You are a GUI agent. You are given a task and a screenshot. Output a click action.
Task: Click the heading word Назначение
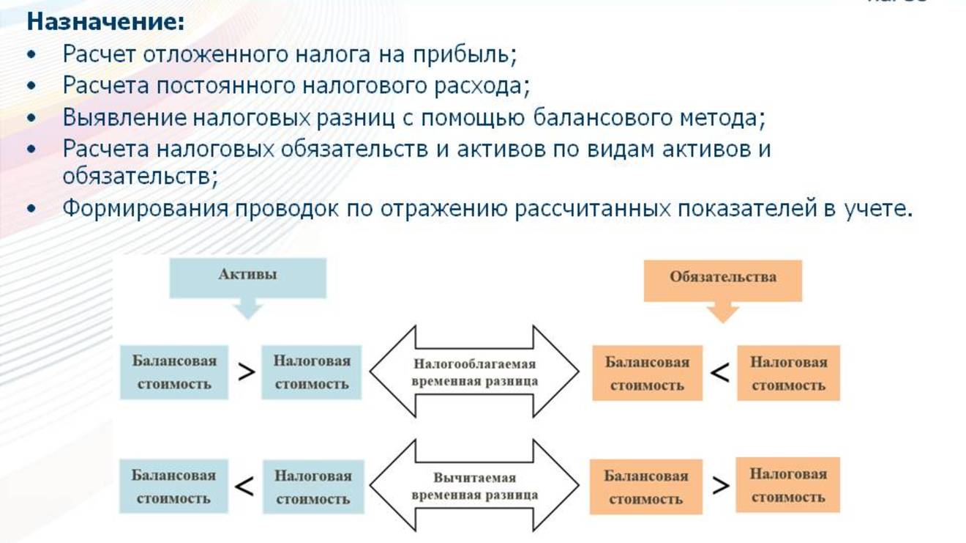(x=105, y=22)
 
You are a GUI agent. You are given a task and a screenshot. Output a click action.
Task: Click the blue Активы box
(x=247, y=276)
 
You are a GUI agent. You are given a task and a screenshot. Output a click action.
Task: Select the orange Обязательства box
(x=722, y=278)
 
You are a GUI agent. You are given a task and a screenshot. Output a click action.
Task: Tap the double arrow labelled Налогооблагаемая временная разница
(x=474, y=372)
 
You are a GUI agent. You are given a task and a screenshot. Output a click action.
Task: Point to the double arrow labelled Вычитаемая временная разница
(x=474, y=486)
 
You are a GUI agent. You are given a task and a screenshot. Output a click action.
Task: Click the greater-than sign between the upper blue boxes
(x=246, y=372)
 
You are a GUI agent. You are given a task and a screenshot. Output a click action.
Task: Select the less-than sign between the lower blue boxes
(x=244, y=486)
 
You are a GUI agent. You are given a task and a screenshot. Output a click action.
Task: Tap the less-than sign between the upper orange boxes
(x=720, y=373)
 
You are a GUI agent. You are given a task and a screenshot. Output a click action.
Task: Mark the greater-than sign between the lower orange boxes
(x=720, y=485)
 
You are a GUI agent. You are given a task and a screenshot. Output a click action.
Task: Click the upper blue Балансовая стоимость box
(x=174, y=372)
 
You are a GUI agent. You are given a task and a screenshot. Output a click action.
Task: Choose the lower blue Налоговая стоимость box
(x=312, y=487)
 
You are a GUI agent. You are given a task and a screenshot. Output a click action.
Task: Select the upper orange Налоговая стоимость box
(x=788, y=373)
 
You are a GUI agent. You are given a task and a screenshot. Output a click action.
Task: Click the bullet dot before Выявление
(x=31, y=118)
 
